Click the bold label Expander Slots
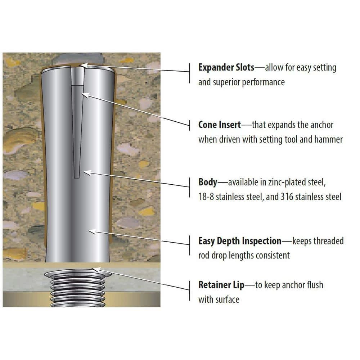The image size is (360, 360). (226, 68)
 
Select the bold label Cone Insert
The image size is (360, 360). (220, 125)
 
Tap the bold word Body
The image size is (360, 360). (208, 182)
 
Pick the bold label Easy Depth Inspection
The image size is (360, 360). (240, 241)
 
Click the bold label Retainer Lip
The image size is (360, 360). (221, 285)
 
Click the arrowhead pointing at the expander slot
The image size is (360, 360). (84, 65)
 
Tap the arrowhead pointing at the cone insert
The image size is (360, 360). (85, 95)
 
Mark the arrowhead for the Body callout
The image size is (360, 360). (87, 173)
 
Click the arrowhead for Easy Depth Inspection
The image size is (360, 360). (92, 231)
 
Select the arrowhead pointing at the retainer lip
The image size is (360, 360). (96, 270)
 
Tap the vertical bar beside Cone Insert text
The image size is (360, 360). (190, 125)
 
